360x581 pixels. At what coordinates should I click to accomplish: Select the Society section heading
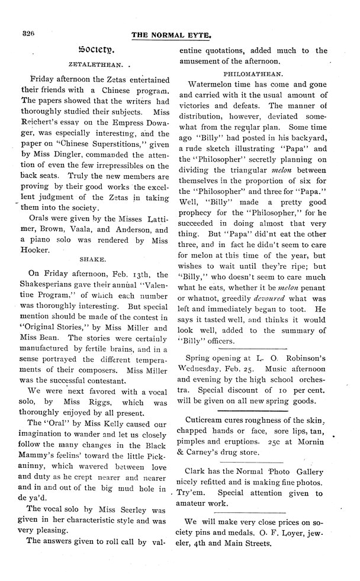pyautogui.click(x=97, y=50)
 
